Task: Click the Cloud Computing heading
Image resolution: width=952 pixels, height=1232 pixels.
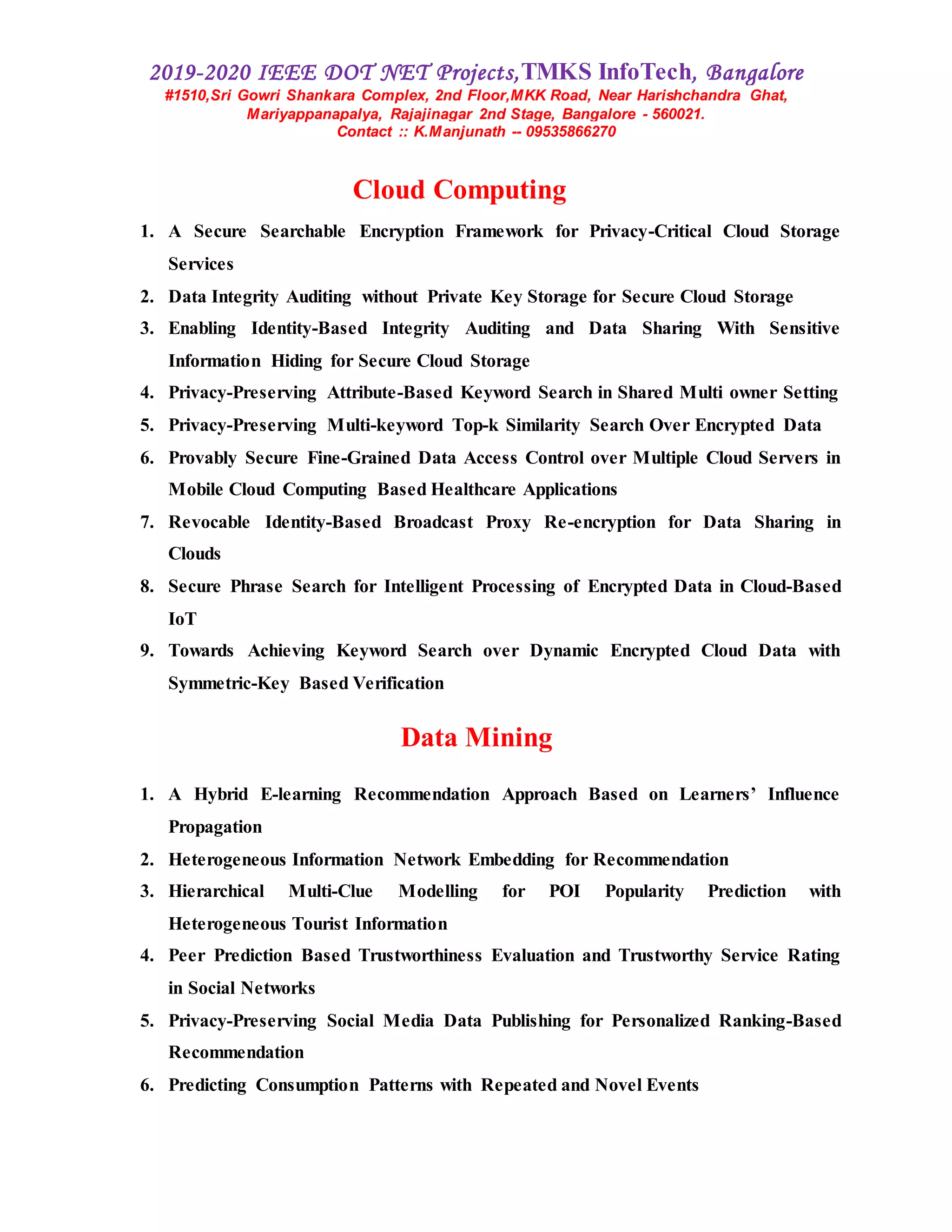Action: (x=459, y=190)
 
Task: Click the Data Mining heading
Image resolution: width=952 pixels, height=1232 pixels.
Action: (x=476, y=737)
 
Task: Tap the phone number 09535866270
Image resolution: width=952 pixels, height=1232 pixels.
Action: (x=571, y=132)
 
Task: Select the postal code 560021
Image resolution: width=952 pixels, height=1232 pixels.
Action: (x=677, y=114)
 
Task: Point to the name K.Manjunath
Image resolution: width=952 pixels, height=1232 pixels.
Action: (x=460, y=132)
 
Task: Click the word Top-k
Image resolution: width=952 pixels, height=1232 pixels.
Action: (x=476, y=425)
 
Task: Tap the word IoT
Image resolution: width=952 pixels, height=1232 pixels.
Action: (x=182, y=619)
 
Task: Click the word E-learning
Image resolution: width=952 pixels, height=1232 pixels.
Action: (x=301, y=794)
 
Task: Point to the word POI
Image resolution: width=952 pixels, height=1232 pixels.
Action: (x=564, y=891)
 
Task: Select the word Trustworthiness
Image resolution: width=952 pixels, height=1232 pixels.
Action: (x=420, y=955)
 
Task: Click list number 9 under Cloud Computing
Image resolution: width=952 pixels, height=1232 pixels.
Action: (x=146, y=650)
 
